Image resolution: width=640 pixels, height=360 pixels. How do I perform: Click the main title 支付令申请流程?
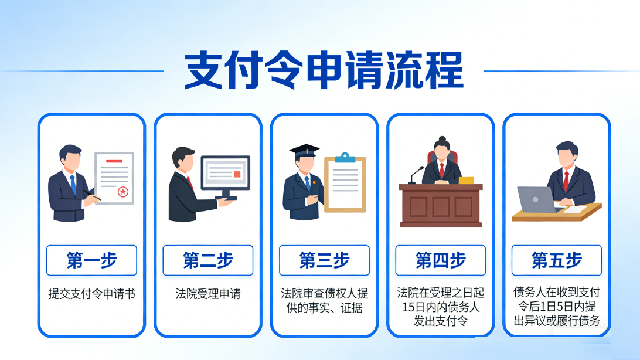tap(324, 70)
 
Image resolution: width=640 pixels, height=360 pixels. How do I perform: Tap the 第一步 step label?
tap(91, 260)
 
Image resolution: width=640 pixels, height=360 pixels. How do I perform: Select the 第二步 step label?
tap(207, 260)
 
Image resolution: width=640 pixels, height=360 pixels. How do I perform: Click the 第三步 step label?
tap(324, 260)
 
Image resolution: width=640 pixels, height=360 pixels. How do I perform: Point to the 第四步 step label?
tap(440, 260)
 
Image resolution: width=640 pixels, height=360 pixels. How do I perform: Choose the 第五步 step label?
tap(556, 260)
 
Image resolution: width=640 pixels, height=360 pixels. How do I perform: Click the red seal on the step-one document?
tap(123, 191)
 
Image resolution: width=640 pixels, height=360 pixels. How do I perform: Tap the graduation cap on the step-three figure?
tap(304, 150)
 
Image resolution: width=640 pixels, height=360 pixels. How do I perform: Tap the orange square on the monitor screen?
tap(237, 174)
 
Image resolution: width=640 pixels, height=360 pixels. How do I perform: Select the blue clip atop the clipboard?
tap(345, 157)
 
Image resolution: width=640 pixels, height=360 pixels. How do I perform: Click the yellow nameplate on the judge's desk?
tap(467, 180)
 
